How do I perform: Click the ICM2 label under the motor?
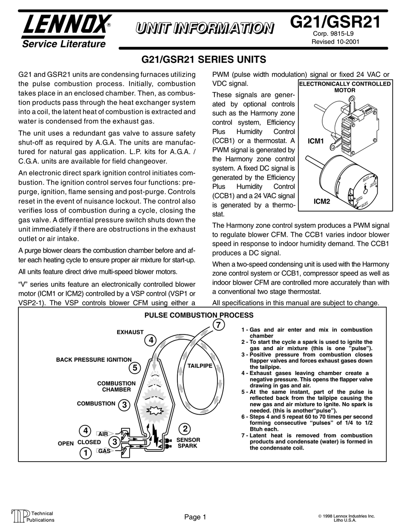click(x=322, y=201)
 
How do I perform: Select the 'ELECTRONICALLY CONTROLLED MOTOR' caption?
click(x=345, y=87)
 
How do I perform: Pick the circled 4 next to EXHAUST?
click(x=150, y=340)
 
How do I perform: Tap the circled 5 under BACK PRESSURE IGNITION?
click(x=134, y=368)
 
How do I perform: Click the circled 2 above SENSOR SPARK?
click(x=185, y=429)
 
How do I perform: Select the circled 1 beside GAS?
click(x=86, y=453)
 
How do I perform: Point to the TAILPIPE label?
click(x=200, y=366)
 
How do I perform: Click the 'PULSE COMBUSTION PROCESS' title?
click(x=199, y=315)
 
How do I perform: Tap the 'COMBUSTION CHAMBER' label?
click(x=116, y=387)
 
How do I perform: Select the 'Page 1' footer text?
click(x=195, y=517)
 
